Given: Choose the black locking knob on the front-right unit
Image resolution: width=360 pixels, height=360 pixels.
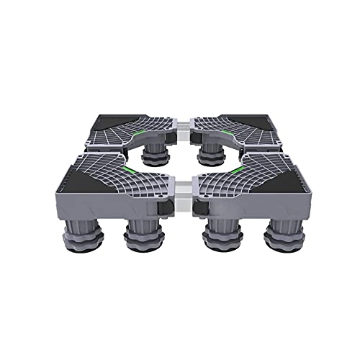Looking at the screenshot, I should point(197,208).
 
